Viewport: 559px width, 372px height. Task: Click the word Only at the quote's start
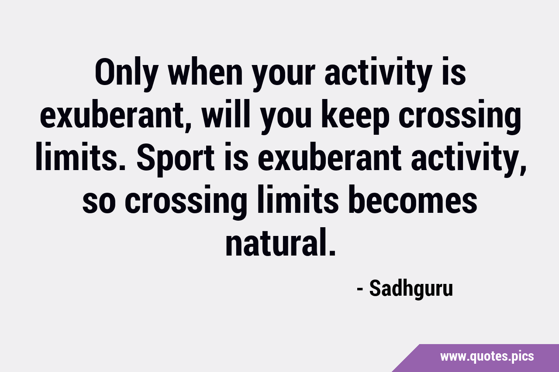pyautogui.click(x=127, y=74)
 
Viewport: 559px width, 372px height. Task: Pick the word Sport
pyautogui.click(x=176, y=159)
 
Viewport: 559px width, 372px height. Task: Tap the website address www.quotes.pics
pyautogui.click(x=487, y=357)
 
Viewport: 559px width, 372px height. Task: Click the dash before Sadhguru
pyautogui.click(x=359, y=289)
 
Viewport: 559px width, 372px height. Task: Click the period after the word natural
pyautogui.click(x=332, y=253)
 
